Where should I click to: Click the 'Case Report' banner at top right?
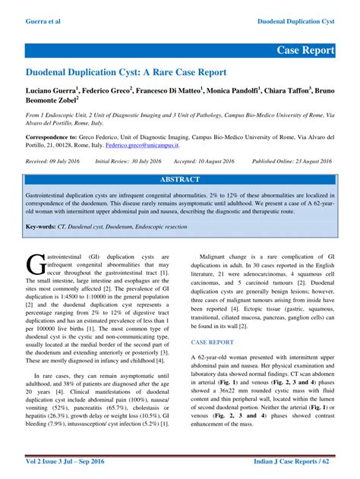[x=305, y=50]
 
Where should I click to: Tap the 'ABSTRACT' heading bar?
[x=180, y=180]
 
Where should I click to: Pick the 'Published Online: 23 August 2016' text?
[x=292, y=162]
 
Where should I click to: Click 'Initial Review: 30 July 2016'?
[x=134, y=162]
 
